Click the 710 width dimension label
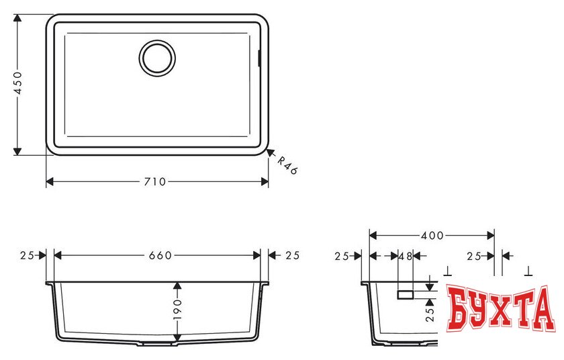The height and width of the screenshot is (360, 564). click(x=157, y=182)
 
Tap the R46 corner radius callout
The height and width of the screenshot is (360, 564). click(x=287, y=165)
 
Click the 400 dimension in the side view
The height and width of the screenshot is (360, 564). click(x=432, y=236)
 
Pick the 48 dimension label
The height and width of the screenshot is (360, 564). click(x=405, y=256)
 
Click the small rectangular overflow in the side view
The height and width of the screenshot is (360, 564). click(x=406, y=294)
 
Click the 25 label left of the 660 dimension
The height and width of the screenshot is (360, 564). click(x=27, y=255)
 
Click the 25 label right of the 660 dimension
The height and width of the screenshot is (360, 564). click(x=292, y=255)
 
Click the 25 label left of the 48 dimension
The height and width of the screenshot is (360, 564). click(x=342, y=256)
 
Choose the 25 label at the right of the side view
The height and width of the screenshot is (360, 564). click(x=475, y=256)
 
